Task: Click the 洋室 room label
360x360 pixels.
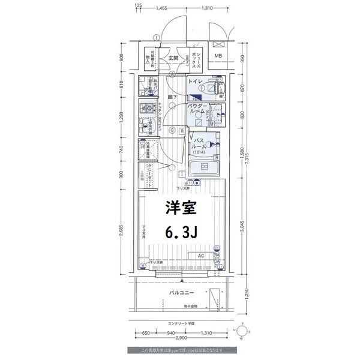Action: (x=179, y=208)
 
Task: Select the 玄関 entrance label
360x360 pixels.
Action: (x=173, y=58)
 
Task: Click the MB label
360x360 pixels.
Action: (x=218, y=57)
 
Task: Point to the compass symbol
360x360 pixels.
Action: (x=242, y=332)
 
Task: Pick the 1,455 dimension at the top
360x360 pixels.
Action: (x=160, y=8)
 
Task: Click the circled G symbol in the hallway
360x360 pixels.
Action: (x=172, y=130)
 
